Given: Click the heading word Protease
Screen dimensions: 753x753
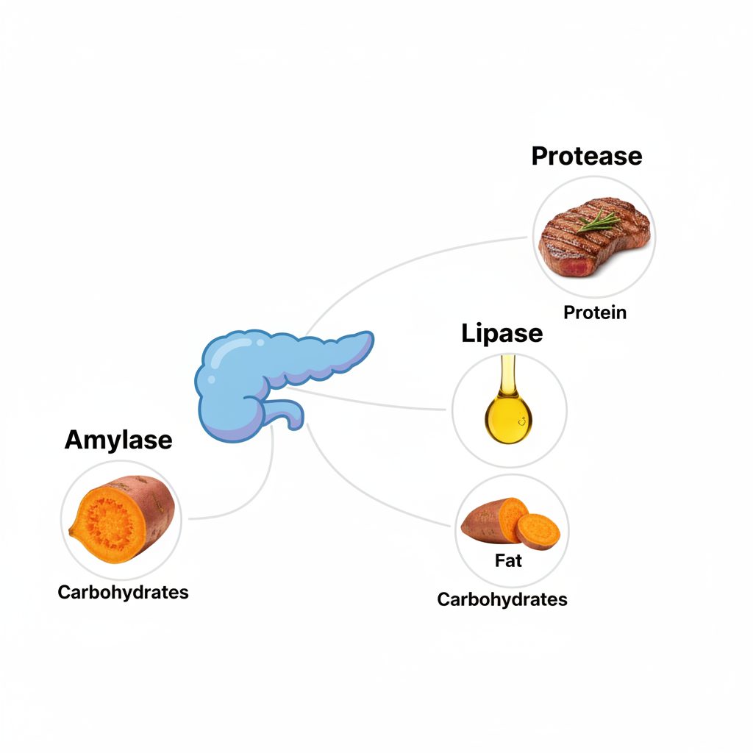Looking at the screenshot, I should [586, 156].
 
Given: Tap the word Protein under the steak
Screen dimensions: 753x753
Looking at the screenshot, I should [595, 312].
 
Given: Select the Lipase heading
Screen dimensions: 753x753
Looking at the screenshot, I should [502, 333].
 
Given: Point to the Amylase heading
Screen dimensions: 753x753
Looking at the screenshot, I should [118, 440].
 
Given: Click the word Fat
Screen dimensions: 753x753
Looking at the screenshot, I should [508, 560].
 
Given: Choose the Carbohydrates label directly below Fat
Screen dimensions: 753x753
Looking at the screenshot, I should [502, 599].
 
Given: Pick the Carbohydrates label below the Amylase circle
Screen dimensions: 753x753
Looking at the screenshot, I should [123, 592].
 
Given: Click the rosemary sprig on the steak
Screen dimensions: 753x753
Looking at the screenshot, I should [597, 218].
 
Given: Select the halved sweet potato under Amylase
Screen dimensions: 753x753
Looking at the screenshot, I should [122, 519].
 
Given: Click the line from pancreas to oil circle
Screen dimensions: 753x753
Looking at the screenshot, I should [375, 402].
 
